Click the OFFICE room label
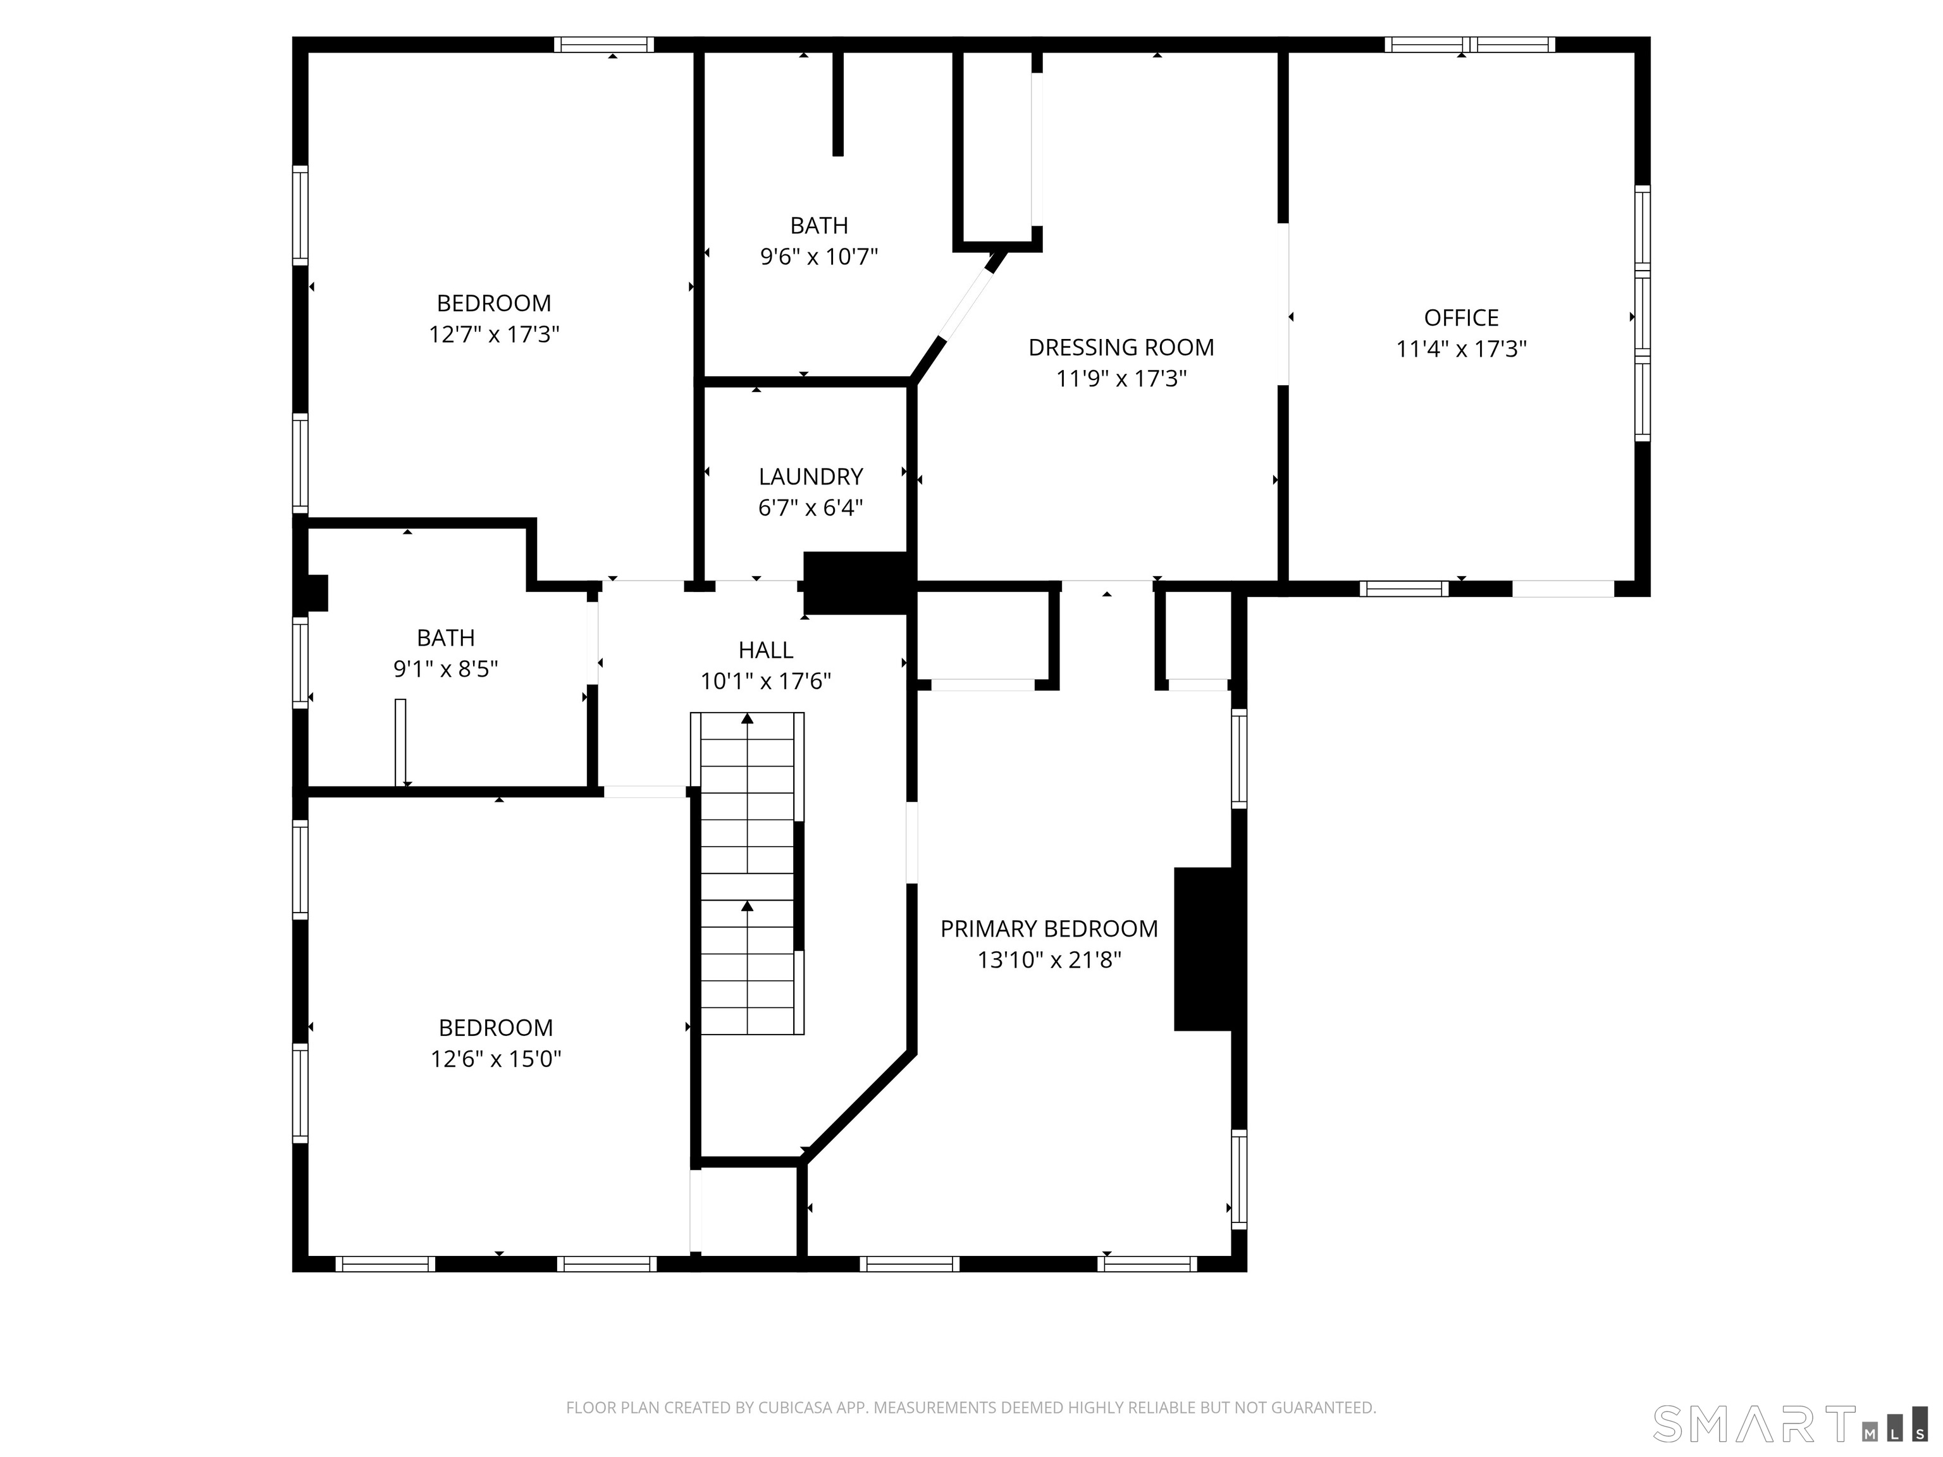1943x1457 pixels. click(x=1461, y=318)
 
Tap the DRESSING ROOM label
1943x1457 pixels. click(x=1121, y=348)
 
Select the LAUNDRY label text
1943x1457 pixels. click(x=810, y=477)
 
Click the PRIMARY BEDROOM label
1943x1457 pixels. click(x=1049, y=928)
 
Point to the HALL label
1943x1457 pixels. click(x=765, y=650)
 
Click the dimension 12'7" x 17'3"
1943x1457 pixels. click(x=493, y=335)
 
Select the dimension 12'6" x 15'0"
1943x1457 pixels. click(x=495, y=1059)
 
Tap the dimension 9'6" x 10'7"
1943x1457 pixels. click(x=818, y=257)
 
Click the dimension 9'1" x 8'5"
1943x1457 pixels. click(x=445, y=669)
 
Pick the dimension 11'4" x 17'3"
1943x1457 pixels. click(x=1461, y=350)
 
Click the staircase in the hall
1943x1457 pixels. click(x=748, y=874)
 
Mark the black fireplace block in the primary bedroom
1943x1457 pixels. click(x=1204, y=949)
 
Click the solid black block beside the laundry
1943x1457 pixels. click(x=856, y=583)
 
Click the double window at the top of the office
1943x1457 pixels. click(x=1469, y=45)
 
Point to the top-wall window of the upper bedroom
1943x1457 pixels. click(x=603, y=45)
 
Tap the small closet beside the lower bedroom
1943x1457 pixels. click(x=748, y=1210)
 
